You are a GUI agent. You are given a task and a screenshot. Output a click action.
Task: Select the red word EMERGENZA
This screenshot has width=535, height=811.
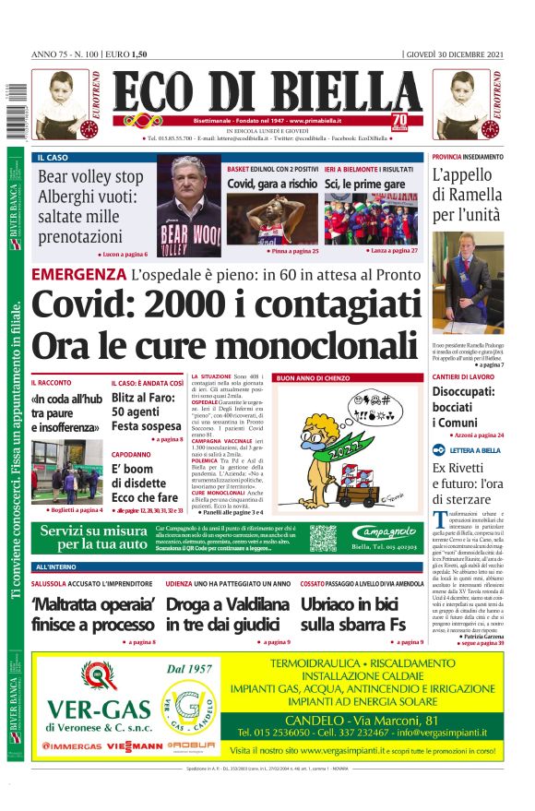(x=77, y=274)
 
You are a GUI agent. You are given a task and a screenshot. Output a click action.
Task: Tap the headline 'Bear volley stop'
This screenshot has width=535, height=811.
(x=90, y=176)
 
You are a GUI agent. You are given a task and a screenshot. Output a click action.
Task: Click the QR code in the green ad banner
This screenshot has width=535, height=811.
(x=323, y=537)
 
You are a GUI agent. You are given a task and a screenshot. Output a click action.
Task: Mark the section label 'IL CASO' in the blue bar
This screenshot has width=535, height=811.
(x=53, y=158)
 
